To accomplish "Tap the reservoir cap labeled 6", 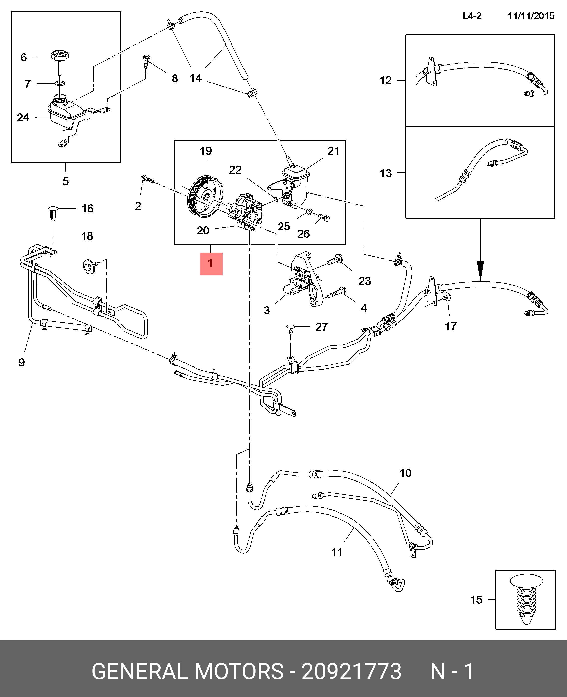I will pyautogui.click(x=59, y=55).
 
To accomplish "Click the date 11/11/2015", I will pyautogui.click(x=531, y=16).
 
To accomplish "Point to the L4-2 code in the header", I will pyautogui.click(x=472, y=16).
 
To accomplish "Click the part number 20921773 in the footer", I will pyautogui.click(x=351, y=671).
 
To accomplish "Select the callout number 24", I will pyautogui.click(x=23, y=117).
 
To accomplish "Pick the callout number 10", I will pyautogui.click(x=405, y=473).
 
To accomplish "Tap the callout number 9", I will pyautogui.click(x=21, y=362).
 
